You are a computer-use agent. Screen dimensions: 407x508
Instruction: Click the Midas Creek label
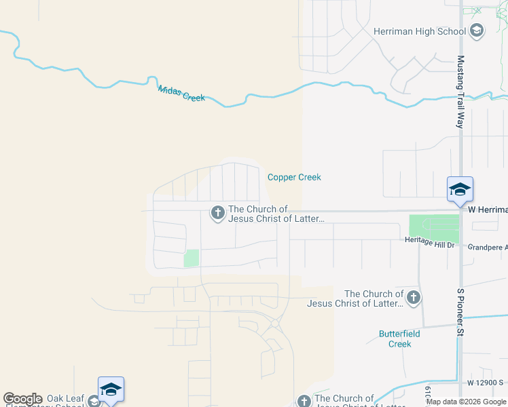click(181, 94)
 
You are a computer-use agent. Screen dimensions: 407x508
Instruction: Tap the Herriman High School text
click(420, 31)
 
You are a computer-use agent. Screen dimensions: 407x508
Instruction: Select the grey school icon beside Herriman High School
click(477, 31)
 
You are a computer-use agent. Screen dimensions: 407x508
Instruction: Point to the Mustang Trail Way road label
click(460, 92)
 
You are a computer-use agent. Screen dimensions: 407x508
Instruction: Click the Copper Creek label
click(294, 177)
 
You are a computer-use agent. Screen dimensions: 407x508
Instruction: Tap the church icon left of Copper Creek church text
click(218, 214)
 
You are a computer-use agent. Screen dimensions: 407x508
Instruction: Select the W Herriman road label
click(488, 210)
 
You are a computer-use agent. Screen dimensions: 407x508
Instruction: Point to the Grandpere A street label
click(488, 247)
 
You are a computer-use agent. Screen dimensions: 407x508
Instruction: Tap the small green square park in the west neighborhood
click(192, 258)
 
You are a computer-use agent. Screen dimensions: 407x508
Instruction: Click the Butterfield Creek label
click(400, 338)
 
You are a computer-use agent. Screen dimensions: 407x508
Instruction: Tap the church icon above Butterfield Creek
click(412, 297)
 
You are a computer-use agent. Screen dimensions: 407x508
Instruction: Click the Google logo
click(22, 399)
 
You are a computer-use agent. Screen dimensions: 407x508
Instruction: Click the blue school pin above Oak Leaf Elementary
click(111, 389)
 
